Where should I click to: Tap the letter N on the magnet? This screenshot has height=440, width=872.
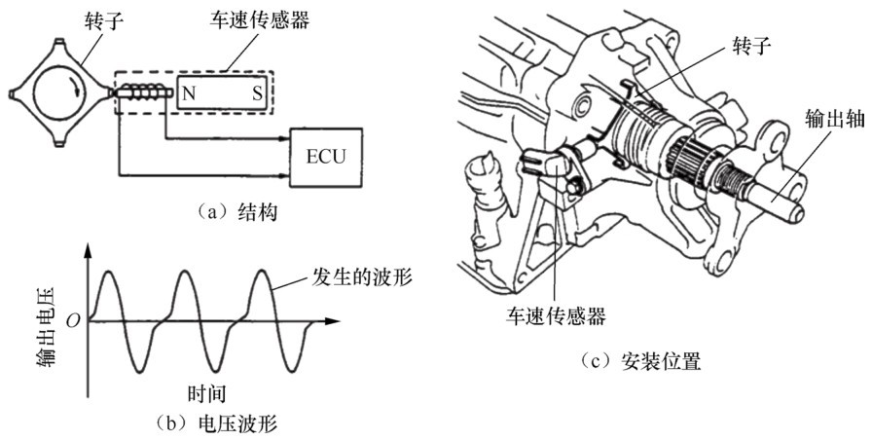187,93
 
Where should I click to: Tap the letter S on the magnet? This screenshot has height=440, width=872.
256,93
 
